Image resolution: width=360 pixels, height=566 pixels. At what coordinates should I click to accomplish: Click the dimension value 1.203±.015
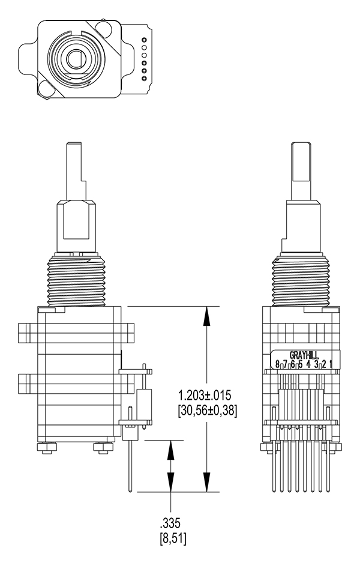pos(204,396)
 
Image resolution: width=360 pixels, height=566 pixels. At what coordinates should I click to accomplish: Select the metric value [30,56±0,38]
pos(208,411)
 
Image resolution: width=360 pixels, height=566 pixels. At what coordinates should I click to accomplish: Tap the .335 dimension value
pos(170,523)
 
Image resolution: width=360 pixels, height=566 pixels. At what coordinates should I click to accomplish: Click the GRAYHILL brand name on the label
pos(304,355)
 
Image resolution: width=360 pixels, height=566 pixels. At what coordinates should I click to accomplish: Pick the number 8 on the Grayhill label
pos(277,364)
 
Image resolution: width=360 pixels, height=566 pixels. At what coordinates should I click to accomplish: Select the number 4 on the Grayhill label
pos(308,364)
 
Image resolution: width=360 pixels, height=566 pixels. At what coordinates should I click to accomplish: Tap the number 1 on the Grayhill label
pos(331,364)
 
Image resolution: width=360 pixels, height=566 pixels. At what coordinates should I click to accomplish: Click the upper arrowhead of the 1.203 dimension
pos(206,316)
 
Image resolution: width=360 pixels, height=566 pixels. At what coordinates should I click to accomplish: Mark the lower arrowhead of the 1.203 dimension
pos(206,482)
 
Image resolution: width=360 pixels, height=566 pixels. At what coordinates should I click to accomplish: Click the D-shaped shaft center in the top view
pos(76,59)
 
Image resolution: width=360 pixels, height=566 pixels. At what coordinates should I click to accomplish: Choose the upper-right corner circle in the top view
pos(103,29)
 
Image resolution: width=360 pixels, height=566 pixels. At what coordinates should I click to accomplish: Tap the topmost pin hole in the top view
pos(144,40)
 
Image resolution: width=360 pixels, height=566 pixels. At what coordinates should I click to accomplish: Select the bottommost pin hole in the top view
pos(144,79)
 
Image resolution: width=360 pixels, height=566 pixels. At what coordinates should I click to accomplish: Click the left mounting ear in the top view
pos(28,59)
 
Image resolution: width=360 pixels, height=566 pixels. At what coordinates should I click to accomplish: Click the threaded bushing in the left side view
pos(76,280)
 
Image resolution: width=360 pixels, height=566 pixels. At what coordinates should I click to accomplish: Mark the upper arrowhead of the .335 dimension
pos(170,450)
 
